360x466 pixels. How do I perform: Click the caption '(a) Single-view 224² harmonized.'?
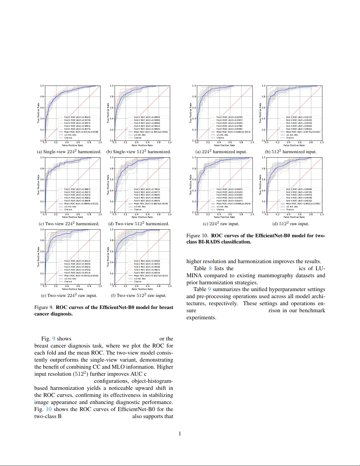tap(69, 152)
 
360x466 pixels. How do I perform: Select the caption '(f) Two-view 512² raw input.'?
tap(138, 295)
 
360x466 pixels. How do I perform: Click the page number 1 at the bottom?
tap(180, 434)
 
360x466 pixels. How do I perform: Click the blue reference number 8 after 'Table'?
tap(210, 268)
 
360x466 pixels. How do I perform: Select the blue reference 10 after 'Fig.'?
tap(48, 409)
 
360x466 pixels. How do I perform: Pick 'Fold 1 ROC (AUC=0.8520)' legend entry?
tap(77, 117)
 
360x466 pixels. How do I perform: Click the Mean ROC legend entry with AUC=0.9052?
tap(151, 132)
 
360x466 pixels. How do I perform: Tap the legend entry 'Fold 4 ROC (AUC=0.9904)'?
tap(299, 126)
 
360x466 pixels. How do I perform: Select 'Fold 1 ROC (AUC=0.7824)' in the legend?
tap(147, 189)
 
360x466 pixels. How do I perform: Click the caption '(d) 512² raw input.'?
tap(291, 224)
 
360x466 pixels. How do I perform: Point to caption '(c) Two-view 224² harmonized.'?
tap(69, 224)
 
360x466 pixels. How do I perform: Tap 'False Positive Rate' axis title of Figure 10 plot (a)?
tap(225, 145)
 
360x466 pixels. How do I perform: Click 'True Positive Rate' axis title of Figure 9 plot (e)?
tap(38, 257)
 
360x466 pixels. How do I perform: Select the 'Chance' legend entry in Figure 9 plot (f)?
tap(138, 282)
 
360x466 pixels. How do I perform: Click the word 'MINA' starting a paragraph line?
tap(194, 275)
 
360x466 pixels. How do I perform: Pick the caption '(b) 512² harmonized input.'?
tap(291, 152)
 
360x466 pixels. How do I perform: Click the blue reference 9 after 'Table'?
tap(209, 289)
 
